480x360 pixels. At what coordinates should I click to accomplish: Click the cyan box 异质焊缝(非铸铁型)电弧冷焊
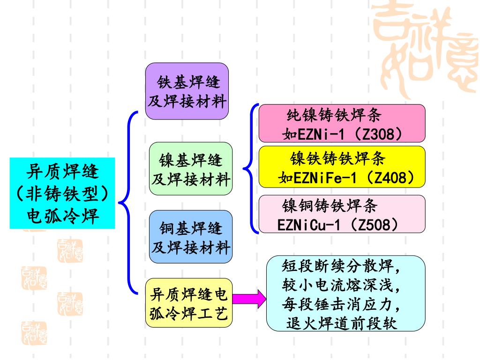coord(62,193)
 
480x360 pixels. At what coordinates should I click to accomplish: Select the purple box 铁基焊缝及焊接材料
coord(187,91)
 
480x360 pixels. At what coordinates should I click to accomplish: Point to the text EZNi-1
coord(319,135)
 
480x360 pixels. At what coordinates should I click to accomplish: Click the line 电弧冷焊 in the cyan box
coord(62,217)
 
